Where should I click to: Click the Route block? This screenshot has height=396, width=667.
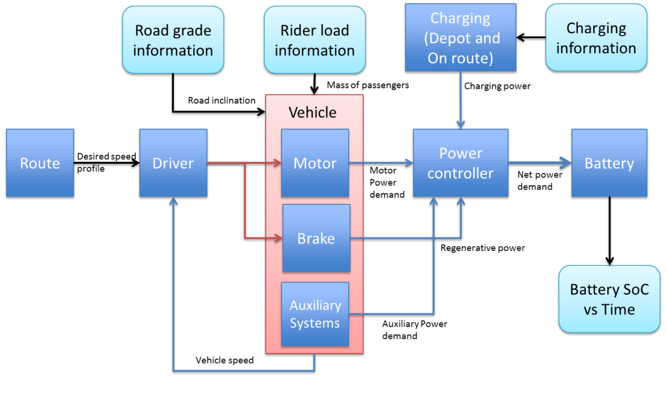(40, 163)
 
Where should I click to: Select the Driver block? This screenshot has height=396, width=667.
(173, 163)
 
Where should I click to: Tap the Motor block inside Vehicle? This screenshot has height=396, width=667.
(315, 163)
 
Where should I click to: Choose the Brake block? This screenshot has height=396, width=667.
(316, 238)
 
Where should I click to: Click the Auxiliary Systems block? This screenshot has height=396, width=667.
(315, 314)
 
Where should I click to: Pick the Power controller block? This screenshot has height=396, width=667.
(460, 163)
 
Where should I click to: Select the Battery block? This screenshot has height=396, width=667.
(609, 163)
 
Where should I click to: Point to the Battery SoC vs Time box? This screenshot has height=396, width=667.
(609, 299)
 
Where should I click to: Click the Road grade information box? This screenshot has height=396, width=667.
(173, 40)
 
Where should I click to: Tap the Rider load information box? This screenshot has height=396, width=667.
(315, 40)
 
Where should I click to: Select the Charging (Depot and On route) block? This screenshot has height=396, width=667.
(460, 38)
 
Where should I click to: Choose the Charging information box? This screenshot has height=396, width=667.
(596, 38)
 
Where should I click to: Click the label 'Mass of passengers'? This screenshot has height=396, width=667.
(368, 85)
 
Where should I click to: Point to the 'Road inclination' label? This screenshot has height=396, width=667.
(222, 100)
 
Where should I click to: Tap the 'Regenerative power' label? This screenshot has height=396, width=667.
(483, 248)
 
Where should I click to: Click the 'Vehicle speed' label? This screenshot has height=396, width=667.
(224, 360)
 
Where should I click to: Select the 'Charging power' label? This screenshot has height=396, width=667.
(497, 86)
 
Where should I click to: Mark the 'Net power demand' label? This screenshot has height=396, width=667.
(539, 181)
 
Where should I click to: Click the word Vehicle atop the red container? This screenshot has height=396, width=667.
(313, 112)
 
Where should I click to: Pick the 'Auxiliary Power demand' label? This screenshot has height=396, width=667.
(414, 329)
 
